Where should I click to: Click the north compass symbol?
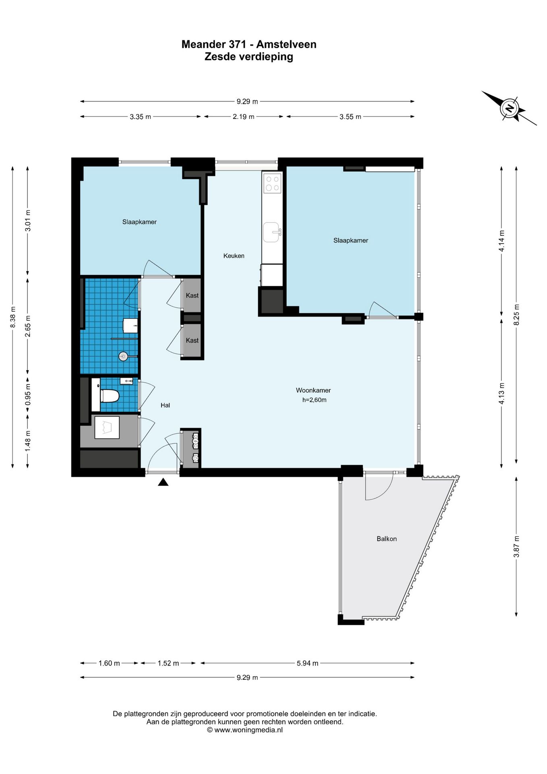[509, 108]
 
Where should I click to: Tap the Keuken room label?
[234, 256]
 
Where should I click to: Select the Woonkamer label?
[313, 390]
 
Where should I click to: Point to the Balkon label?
[387, 539]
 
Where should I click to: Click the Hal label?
[165, 405]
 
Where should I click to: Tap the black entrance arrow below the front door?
[163, 482]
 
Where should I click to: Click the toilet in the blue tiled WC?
[109, 396]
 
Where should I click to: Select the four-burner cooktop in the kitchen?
[272, 183]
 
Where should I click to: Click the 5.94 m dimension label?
[307, 663]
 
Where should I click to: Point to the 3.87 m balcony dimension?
[516, 547]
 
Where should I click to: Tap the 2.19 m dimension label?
[243, 117]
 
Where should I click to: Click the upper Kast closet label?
[192, 295]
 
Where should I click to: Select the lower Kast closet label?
[192, 340]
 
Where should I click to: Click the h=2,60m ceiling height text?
[314, 400]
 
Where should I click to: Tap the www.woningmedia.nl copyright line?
[245, 730]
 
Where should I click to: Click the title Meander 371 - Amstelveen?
[249, 44]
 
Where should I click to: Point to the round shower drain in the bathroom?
[123, 356]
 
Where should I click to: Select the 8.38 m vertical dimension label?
[13, 317]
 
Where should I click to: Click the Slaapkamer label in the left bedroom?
[139, 222]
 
